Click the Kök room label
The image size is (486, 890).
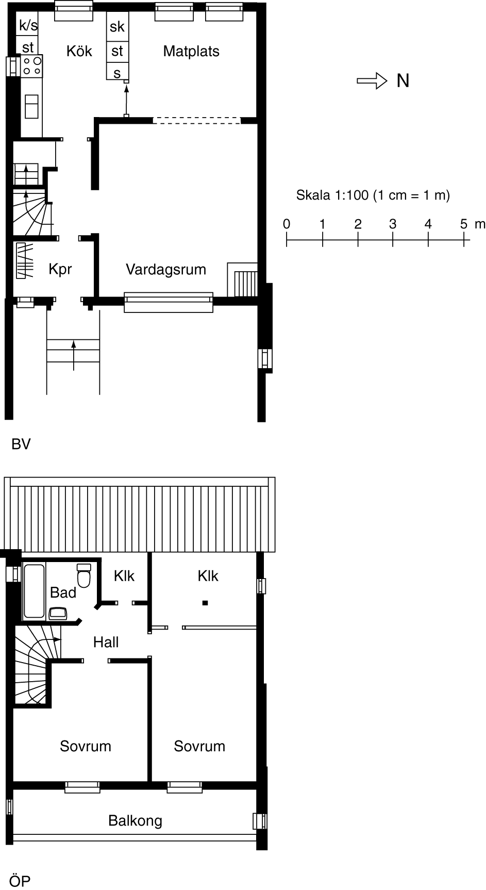click(79, 51)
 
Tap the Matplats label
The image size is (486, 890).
click(191, 51)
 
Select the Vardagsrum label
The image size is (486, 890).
click(166, 269)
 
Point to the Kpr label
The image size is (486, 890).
click(60, 269)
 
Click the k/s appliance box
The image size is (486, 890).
click(28, 26)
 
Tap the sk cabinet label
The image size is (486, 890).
click(117, 26)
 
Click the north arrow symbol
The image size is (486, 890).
click(372, 80)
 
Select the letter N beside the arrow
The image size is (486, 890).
click(403, 81)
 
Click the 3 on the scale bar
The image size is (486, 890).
click(393, 224)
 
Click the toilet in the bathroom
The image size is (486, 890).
click(83, 575)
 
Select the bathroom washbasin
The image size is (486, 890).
click(58, 613)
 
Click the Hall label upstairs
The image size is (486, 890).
click(106, 642)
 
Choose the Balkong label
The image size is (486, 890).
click(135, 820)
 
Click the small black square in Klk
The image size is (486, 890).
click(205, 602)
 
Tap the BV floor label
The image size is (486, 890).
click(21, 444)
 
